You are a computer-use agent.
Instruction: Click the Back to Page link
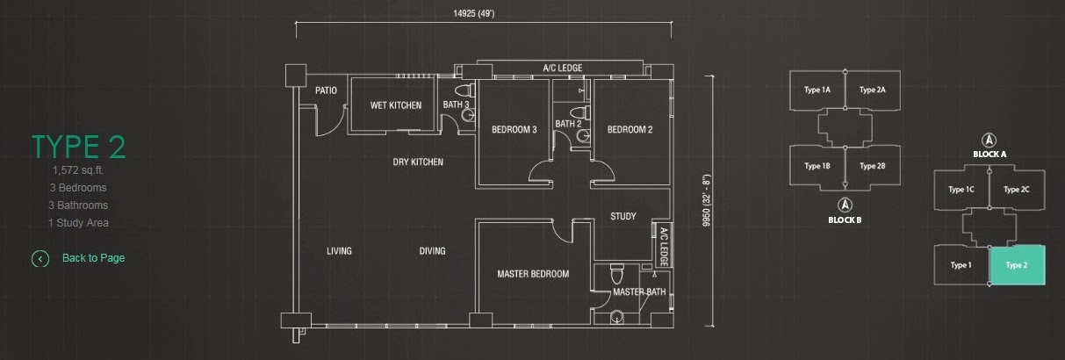(x=94, y=258)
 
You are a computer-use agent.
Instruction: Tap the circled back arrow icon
(x=40, y=259)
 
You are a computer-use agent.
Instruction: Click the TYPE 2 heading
(x=79, y=147)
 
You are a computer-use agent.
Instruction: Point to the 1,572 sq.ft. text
(x=78, y=170)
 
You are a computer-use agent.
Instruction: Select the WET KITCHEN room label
(x=396, y=105)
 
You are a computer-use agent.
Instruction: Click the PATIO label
(x=326, y=90)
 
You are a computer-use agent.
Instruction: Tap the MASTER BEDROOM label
(x=533, y=274)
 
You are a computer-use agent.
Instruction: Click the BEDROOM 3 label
(x=514, y=129)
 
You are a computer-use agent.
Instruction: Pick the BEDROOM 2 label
(x=630, y=129)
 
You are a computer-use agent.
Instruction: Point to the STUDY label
(x=623, y=216)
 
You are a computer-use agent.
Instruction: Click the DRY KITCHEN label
(x=418, y=162)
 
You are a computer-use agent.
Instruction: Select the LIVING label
(x=339, y=251)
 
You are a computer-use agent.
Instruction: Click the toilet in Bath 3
(x=464, y=90)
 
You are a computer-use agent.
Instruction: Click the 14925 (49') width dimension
(x=473, y=13)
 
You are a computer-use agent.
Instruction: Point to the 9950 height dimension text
(x=707, y=199)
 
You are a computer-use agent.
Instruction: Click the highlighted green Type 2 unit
(x=1017, y=265)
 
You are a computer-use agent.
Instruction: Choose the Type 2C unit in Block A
(x=1017, y=190)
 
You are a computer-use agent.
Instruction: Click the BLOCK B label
(x=845, y=220)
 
